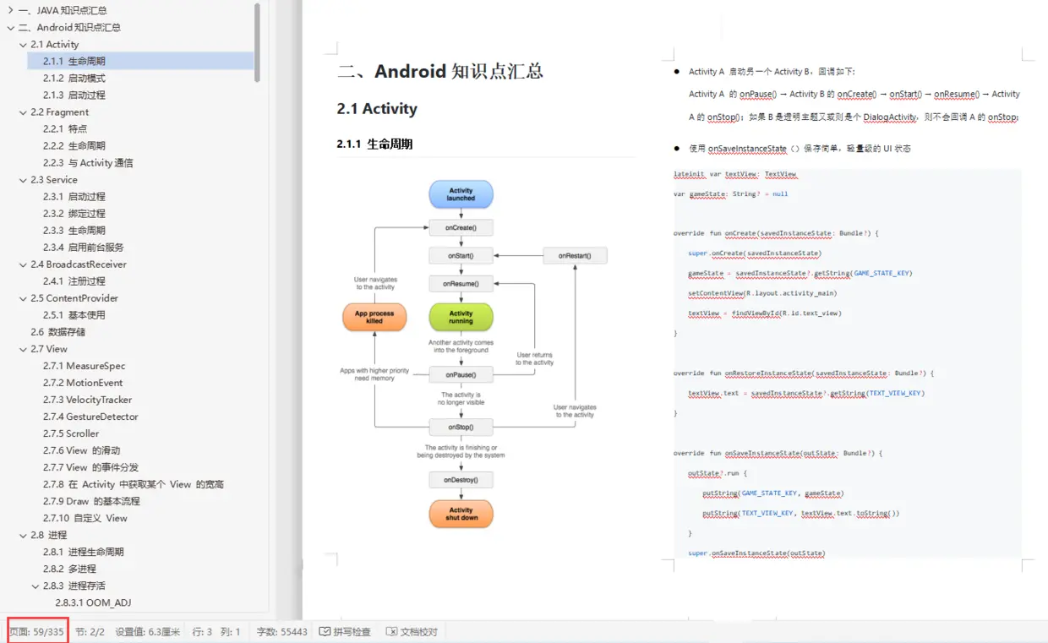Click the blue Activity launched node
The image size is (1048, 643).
point(461,194)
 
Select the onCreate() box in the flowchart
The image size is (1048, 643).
point(461,227)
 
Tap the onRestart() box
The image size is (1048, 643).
point(575,255)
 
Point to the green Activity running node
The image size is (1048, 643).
point(461,317)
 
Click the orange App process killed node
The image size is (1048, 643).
point(374,317)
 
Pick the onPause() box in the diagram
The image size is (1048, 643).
point(461,374)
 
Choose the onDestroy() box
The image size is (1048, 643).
point(461,480)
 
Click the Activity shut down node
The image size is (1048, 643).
point(461,514)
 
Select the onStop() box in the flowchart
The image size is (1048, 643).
point(461,428)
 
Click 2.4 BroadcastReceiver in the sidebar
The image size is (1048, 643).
point(79,264)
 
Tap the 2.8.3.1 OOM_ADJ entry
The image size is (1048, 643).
point(93,602)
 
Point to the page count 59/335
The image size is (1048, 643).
point(36,631)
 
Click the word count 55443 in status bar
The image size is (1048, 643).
point(281,631)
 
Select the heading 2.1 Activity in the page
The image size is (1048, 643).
point(377,109)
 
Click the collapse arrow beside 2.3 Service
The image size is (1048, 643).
point(23,180)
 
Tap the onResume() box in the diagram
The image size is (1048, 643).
point(461,284)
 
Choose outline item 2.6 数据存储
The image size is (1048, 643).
point(57,332)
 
